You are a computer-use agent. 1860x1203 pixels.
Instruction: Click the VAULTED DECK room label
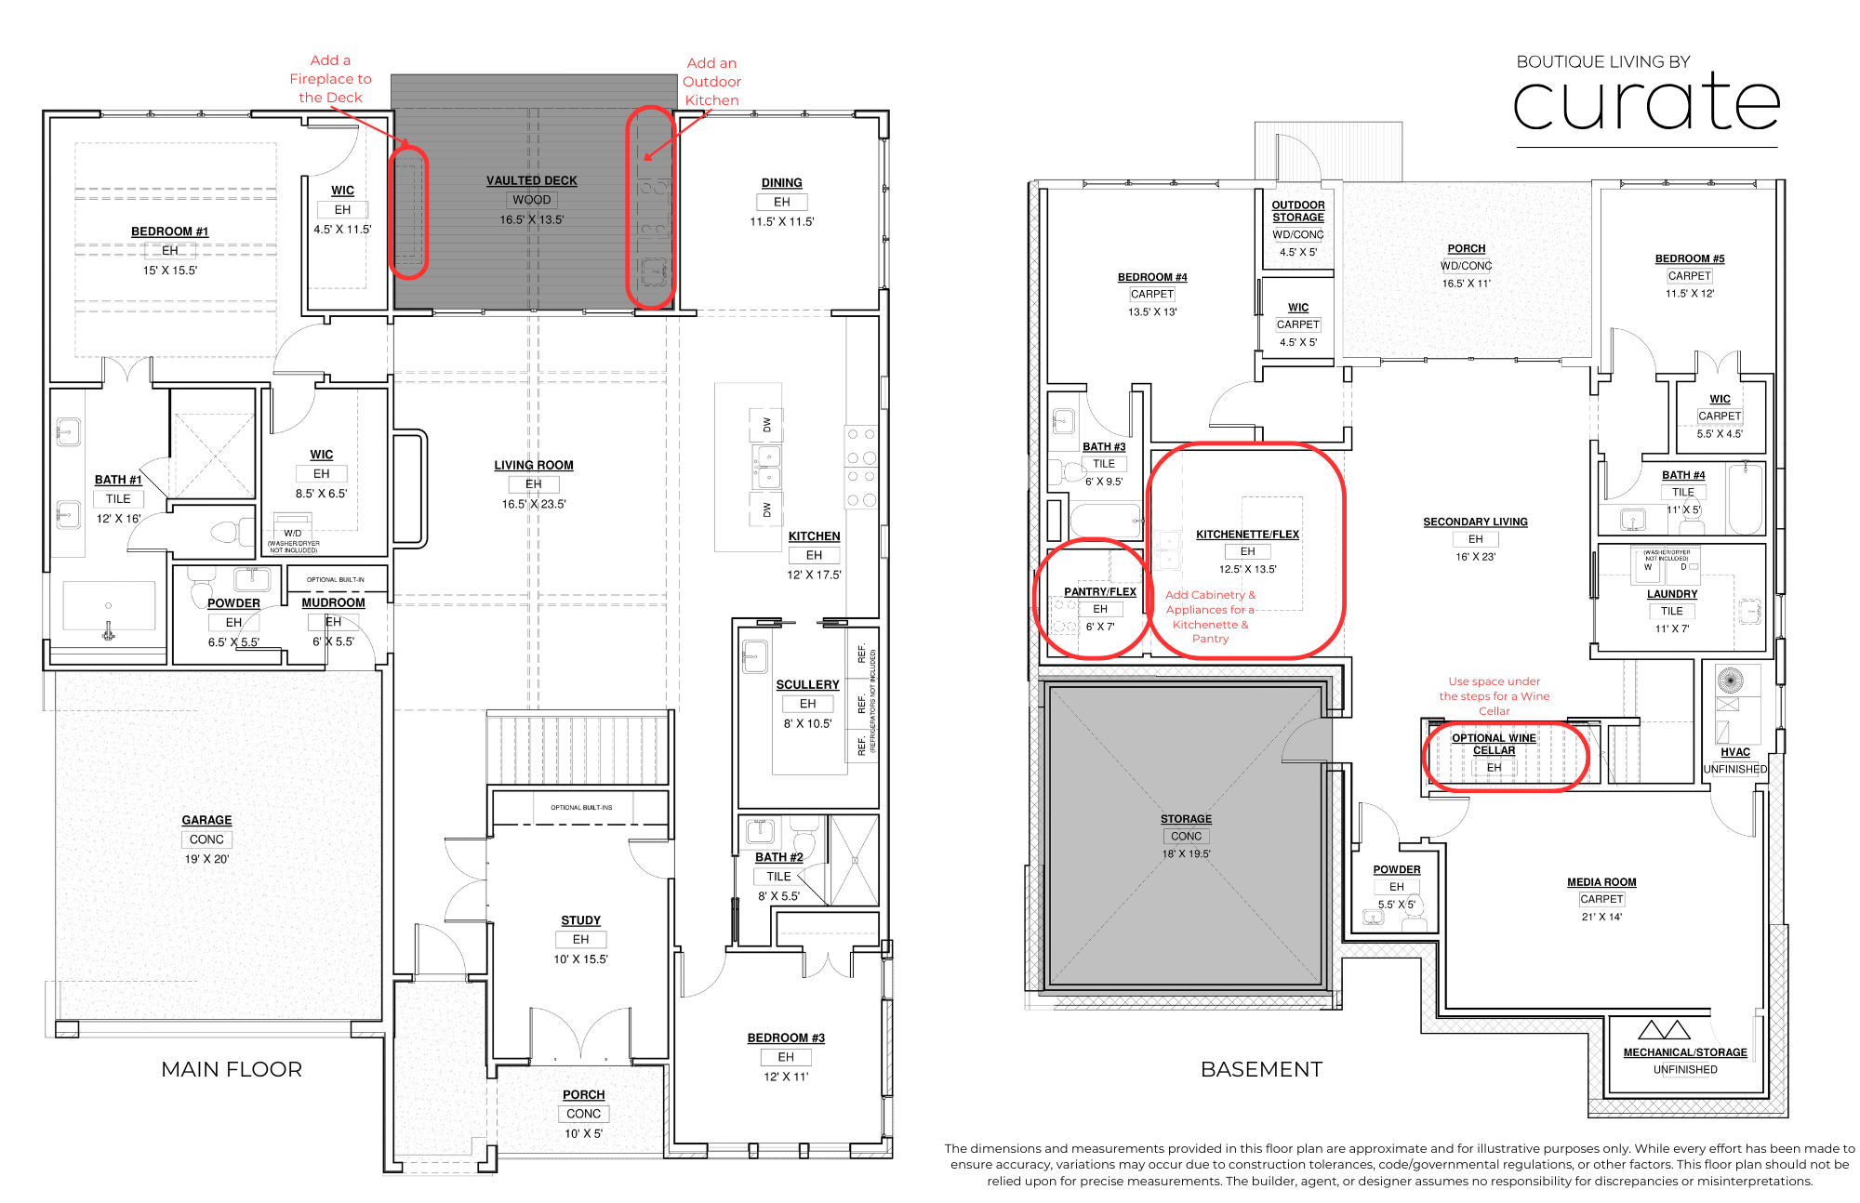[x=531, y=180]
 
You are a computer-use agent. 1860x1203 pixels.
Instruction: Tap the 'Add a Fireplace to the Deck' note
[x=330, y=79]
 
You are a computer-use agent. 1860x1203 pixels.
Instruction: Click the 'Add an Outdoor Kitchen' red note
[x=711, y=82]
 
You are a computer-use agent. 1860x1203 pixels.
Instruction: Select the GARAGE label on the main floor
[x=206, y=820]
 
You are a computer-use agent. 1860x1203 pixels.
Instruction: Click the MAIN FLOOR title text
[x=232, y=1069]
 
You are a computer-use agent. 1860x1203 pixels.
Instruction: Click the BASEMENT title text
[x=1261, y=1069]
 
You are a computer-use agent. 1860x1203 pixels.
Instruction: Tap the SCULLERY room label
[x=807, y=685]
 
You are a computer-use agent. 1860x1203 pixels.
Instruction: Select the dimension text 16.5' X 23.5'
[x=534, y=504]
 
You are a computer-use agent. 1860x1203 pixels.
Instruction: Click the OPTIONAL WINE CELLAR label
[x=1494, y=744]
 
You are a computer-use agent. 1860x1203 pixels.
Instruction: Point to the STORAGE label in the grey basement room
[x=1186, y=819]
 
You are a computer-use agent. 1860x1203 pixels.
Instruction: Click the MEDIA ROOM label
[x=1601, y=882]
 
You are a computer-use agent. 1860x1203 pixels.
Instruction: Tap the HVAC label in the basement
[x=1734, y=752]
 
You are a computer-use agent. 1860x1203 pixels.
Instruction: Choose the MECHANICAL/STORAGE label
[x=1685, y=1052]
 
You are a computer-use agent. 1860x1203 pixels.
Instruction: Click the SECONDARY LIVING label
[x=1475, y=522]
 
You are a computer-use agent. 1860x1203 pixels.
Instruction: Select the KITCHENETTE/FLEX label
[x=1247, y=535]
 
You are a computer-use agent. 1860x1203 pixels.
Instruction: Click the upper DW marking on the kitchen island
[x=767, y=425]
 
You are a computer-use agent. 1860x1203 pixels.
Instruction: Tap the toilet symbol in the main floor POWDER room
[x=202, y=591]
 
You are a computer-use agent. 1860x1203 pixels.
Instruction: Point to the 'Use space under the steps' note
[x=1494, y=696]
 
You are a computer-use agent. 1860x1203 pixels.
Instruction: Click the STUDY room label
[x=580, y=920]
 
